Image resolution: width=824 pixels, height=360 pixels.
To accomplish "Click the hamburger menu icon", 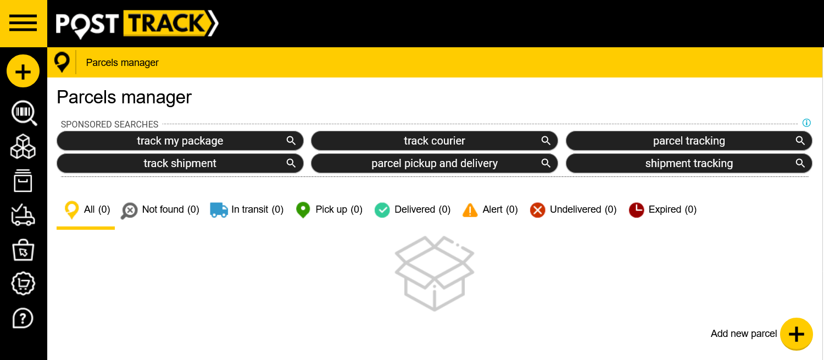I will [23, 24].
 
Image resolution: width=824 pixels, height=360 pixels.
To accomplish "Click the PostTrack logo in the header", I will [137, 24].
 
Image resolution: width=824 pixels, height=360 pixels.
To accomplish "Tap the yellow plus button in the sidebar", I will [23, 71].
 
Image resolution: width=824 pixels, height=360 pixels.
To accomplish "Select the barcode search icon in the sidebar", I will [24, 113].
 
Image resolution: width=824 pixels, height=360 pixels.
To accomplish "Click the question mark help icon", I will [23, 318].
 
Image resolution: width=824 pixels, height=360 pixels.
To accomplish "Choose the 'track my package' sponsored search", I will [180, 141].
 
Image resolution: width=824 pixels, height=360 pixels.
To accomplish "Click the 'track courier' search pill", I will [435, 141].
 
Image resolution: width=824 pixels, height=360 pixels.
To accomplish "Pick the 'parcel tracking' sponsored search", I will [689, 141].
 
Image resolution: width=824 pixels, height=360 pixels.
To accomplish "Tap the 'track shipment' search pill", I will [180, 163].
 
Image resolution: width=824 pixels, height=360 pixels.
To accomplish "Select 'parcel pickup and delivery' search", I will [435, 163].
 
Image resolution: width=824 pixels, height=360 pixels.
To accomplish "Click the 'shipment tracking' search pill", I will [689, 163].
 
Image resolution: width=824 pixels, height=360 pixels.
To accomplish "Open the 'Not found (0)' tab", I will [160, 210].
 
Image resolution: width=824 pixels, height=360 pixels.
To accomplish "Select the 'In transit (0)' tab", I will [247, 210].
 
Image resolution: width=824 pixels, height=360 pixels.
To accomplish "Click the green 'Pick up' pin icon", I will [303, 210].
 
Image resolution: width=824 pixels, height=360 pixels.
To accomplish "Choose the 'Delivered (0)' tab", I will [413, 210].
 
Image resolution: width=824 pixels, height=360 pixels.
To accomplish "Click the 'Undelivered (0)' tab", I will [573, 210].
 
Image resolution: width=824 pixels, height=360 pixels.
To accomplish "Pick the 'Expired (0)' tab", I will [662, 210].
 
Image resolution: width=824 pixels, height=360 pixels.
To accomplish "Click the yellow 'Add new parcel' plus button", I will [796, 334].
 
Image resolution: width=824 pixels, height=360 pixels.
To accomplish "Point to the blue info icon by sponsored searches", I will [806, 123].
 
